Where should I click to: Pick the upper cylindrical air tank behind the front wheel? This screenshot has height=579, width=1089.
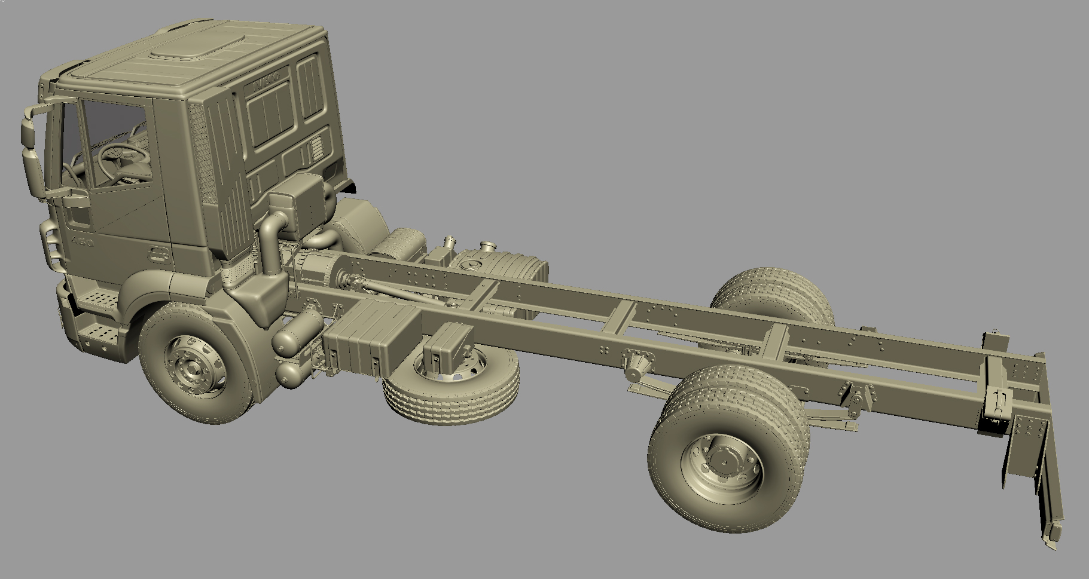[298, 332]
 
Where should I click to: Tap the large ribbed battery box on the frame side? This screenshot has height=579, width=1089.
[366, 338]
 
